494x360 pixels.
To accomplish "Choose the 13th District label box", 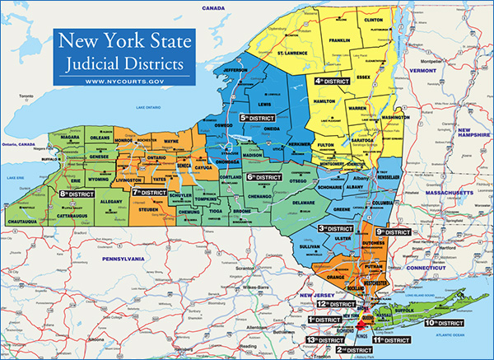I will pos(324,339).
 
